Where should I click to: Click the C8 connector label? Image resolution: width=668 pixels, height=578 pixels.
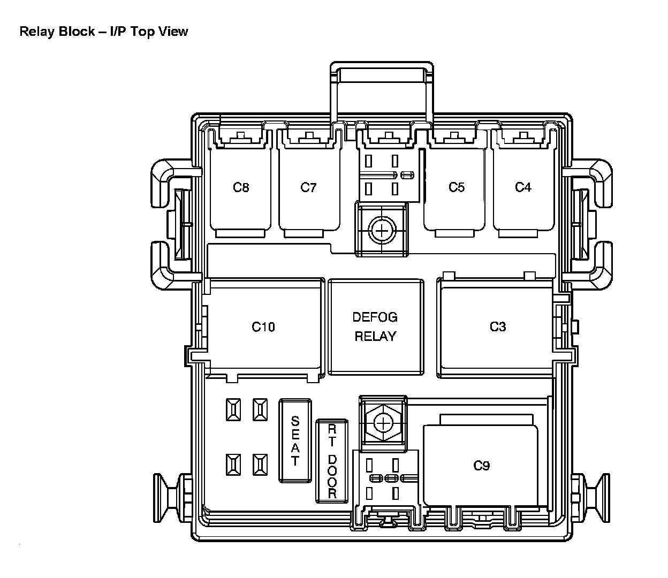pyautogui.click(x=241, y=187)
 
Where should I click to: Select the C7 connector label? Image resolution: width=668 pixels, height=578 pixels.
pyautogui.click(x=308, y=187)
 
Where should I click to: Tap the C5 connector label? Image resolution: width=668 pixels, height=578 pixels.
pyautogui.click(x=457, y=187)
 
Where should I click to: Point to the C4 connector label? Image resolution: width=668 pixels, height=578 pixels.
pyautogui.click(x=523, y=187)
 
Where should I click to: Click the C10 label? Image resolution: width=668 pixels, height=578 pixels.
pyautogui.click(x=263, y=326)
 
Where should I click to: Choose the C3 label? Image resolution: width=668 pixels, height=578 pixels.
pyautogui.click(x=498, y=326)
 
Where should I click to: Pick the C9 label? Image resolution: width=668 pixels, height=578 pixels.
pyautogui.click(x=482, y=466)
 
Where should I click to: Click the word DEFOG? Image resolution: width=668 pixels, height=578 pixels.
pyautogui.click(x=375, y=317)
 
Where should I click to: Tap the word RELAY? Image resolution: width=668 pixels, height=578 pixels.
pyautogui.click(x=375, y=336)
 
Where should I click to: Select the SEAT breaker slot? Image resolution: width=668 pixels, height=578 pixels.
pyautogui.click(x=295, y=441)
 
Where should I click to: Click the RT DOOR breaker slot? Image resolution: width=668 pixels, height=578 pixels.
pyautogui.click(x=332, y=461)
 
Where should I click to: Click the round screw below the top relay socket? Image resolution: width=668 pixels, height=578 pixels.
pyautogui.click(x=381, y=231)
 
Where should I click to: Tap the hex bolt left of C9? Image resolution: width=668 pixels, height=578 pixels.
pyautogui.click(x=383, y=423)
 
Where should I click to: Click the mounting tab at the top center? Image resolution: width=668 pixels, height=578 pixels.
pyautogui.click(x=381, y=72)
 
